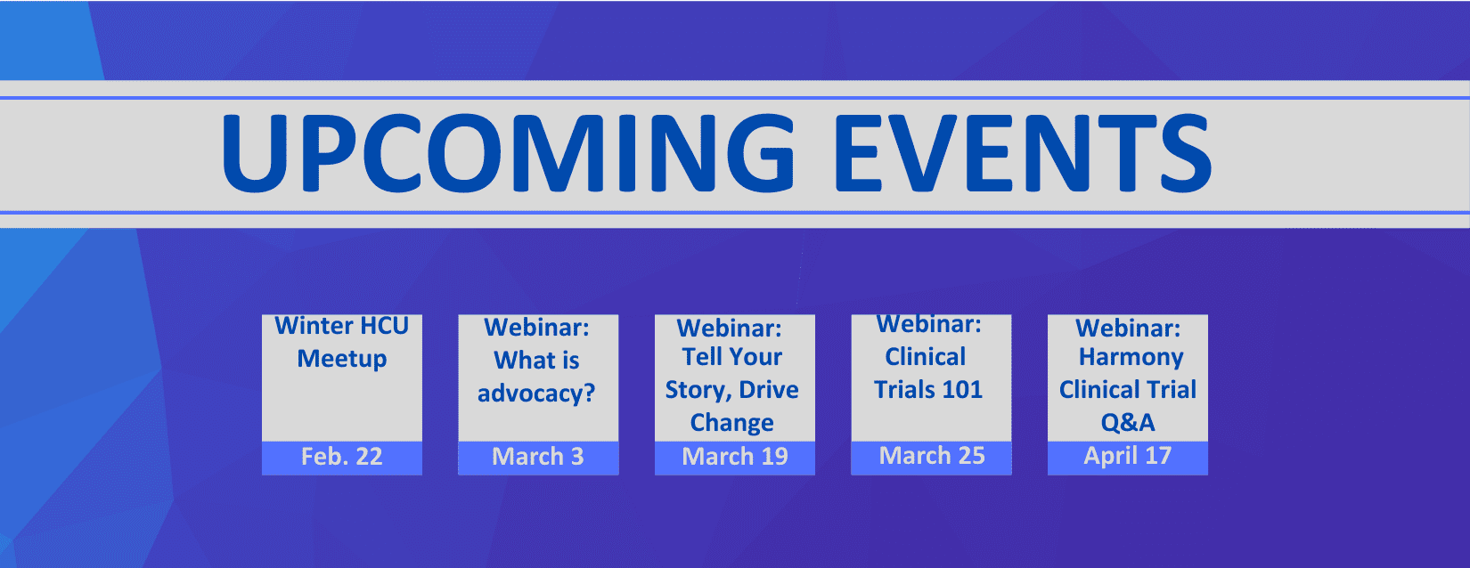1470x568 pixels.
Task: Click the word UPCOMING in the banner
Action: (x=509, y=153)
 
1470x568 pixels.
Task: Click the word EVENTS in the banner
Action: (x=1023, y=153)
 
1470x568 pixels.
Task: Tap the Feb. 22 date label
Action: (x=341, y=457)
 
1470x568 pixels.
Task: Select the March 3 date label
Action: (x=537, y=457)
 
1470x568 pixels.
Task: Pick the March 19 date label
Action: (x=734, y=457)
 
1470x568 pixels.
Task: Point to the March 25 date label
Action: (x=931, y=456)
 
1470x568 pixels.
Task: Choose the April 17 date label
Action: (x=1127, y=456)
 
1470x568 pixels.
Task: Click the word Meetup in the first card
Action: (x=342, y=359)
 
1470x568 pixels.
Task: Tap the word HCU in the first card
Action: (x=385, y=326)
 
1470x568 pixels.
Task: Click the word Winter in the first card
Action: (x=314, y=326)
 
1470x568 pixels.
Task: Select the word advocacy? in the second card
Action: (x=537, y=394)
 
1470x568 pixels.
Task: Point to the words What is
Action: (x=537, y=360)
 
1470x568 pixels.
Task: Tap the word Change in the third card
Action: (x=731, y=423)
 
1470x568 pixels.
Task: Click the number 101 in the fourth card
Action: (x=961, y=390)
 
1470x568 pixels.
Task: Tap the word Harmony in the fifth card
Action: (x=1131, y=358)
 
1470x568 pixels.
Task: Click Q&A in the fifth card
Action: (x=1127, y=423)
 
